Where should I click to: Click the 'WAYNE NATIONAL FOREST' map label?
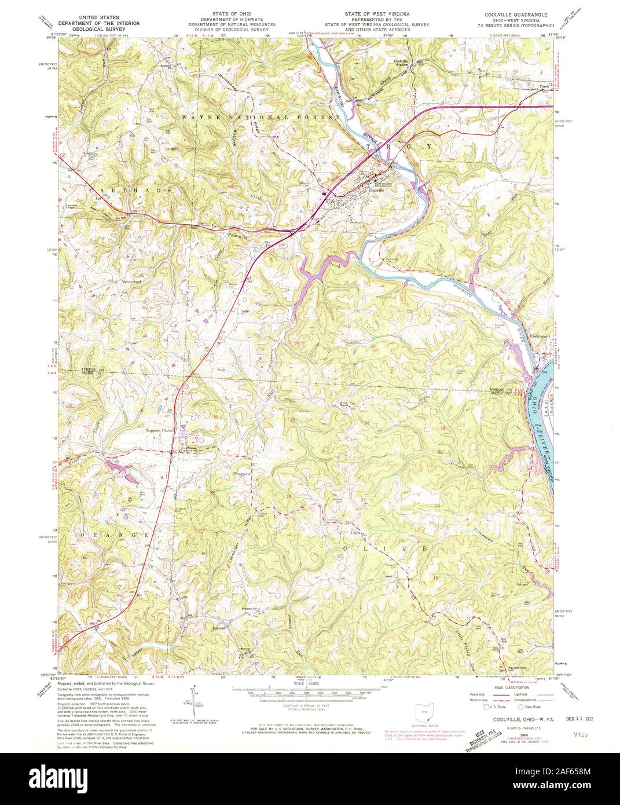261,117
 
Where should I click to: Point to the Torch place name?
543,87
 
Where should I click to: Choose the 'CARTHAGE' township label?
131,190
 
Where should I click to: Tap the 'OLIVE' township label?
386,548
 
